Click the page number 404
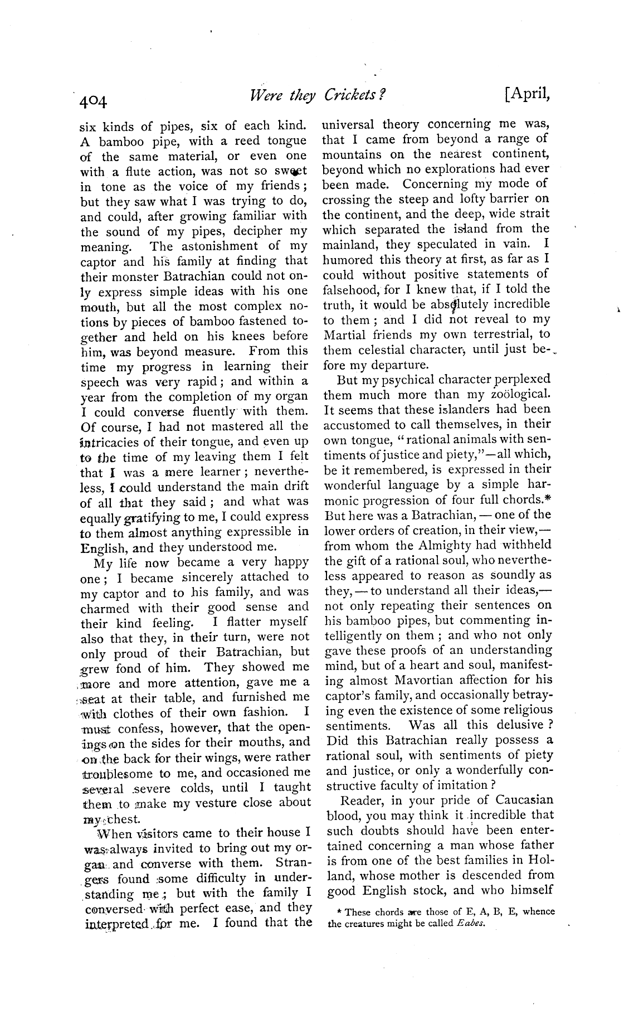pyautogui.click(x=92, y=101)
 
